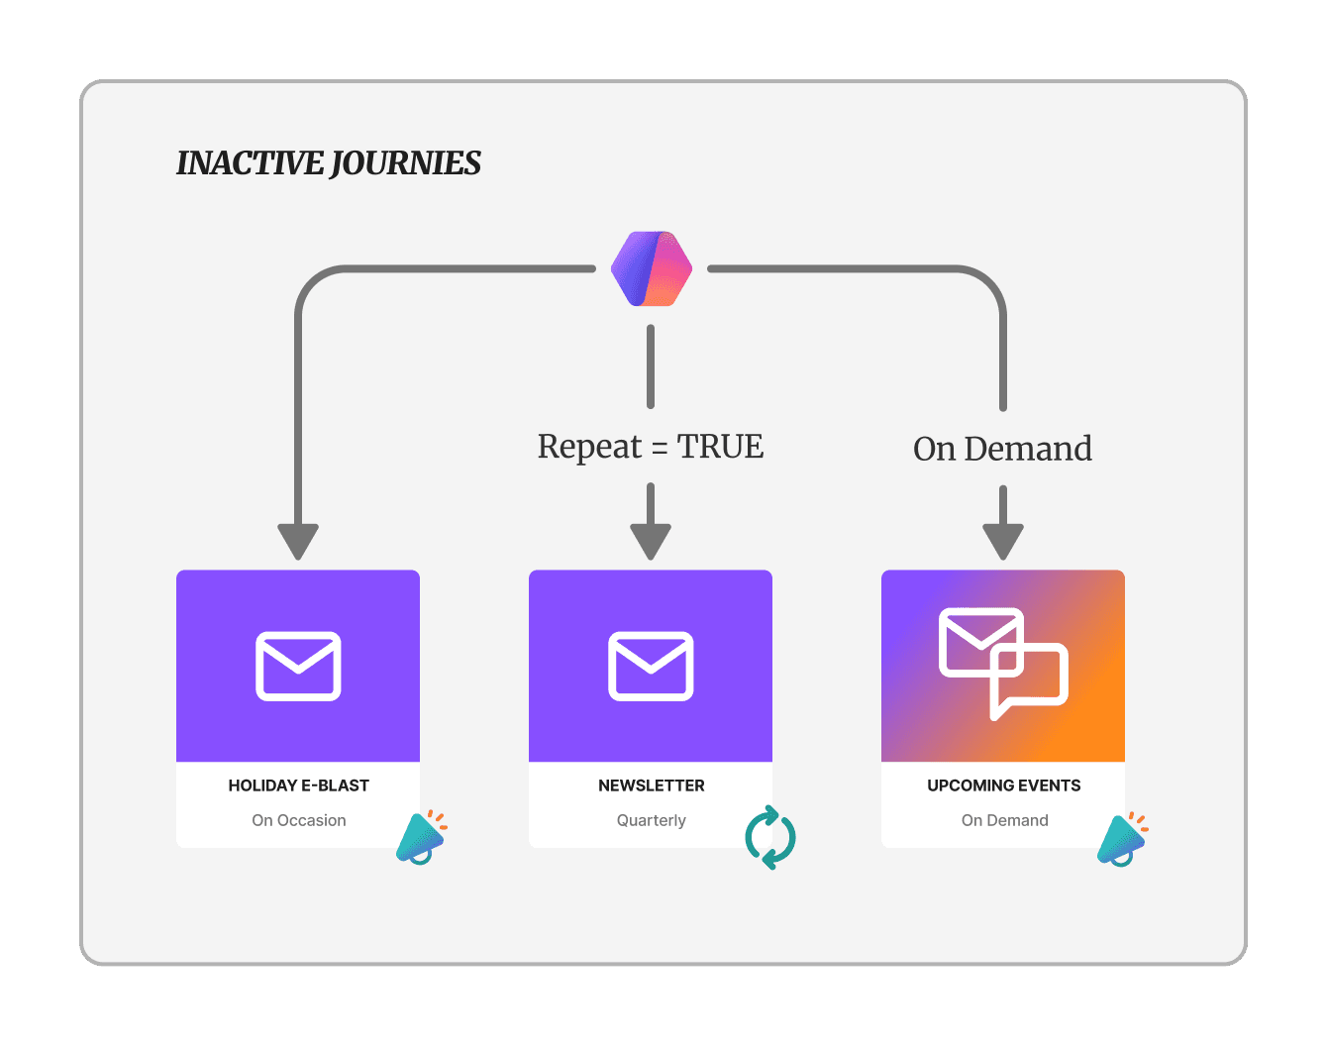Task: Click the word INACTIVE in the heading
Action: pyautogui.click(x=250, y=163)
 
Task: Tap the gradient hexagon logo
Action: pyautogui.click(x=651, y=268)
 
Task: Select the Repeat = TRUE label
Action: pyautogui.click(x=651, y=447)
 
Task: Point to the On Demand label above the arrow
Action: pyautogui.click(x=1002, y=449)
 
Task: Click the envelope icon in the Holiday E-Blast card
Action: pyautogui.click(x=298, y=666)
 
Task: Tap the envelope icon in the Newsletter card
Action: pyautogui.click(x=651, y=666)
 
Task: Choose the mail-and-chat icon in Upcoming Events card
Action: pyautogui.click(x=1002, y=663)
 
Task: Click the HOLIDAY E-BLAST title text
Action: pyautogui.click(x=298, y=785)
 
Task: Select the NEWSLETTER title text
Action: pyautogui.click(x=651, y=785)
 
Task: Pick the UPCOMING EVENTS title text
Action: pyautogui.click(x=1003, y=785)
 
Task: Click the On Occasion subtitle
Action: pyautogui.click(x=298, y=820)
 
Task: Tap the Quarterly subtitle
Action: pyautogui.click(x=651, y=820)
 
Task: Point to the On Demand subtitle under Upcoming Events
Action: pyautogui.click(x=1004, y=820)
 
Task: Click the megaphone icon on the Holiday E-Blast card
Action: pyautogui.click(x=421, y=838)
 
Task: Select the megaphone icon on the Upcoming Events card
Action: pyautogui.click(x=1122, y=840)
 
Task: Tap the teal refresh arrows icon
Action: pyautogui.click(x=770, y=838)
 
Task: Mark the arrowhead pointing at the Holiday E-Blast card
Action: pyautogui.click(x=298, y=542)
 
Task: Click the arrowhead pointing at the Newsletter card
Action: pyautogui.click(x=651, y=542)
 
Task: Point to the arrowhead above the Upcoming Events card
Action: pyautogui.click(x=1003, y=542)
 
